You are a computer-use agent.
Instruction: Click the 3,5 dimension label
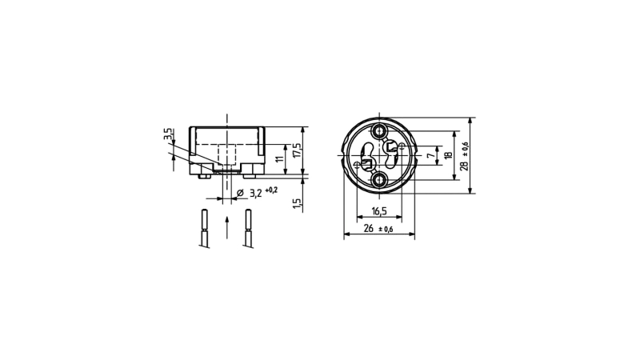[169, 134]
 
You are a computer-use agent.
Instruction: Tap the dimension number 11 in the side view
[280, 158]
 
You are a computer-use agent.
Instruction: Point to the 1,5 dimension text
[297, 204]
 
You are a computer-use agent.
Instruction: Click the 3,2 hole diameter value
[255, 193]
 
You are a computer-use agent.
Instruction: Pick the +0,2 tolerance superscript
[271, 190]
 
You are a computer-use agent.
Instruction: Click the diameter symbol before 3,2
[240, 193]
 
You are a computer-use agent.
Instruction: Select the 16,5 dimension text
[378, 211]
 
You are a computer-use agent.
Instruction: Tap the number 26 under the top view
[368, 229]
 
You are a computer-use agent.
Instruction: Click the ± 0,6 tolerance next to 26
[386, 230]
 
